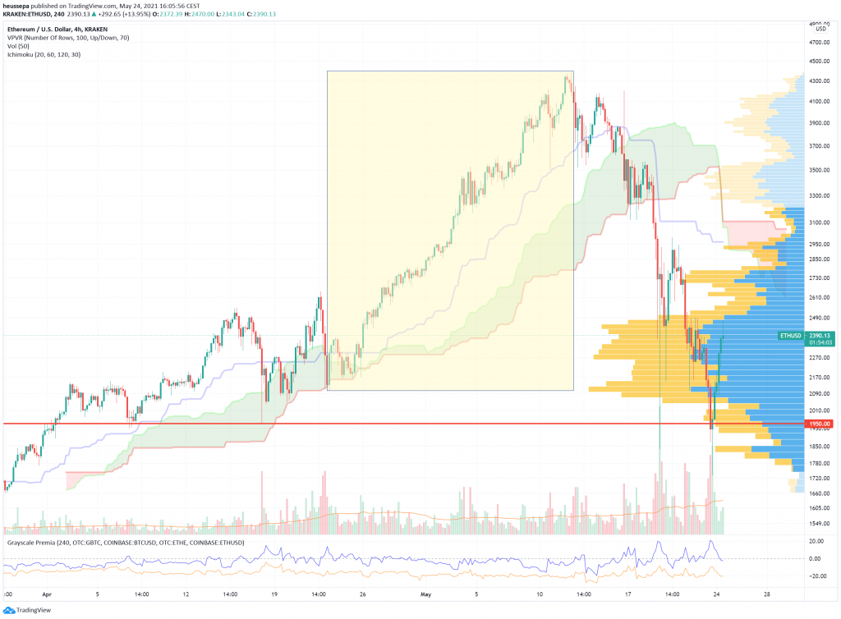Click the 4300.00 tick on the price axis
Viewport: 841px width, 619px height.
click(x=818, y=80)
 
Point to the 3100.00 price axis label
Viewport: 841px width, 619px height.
click(x=818, y=222)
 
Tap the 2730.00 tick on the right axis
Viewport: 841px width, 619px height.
click(x=818, y=278)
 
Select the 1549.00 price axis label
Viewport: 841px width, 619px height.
click(x=818, y=523)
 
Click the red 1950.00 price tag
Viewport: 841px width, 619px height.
click(x=818, y=424)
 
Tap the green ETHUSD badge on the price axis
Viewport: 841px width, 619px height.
click(x=790, y=335)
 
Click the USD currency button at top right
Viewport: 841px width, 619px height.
click(x=820, y=29)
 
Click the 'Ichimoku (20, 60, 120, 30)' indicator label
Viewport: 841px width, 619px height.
click(x=51, y=55)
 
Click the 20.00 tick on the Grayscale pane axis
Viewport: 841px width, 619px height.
click(x=816, y=542)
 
